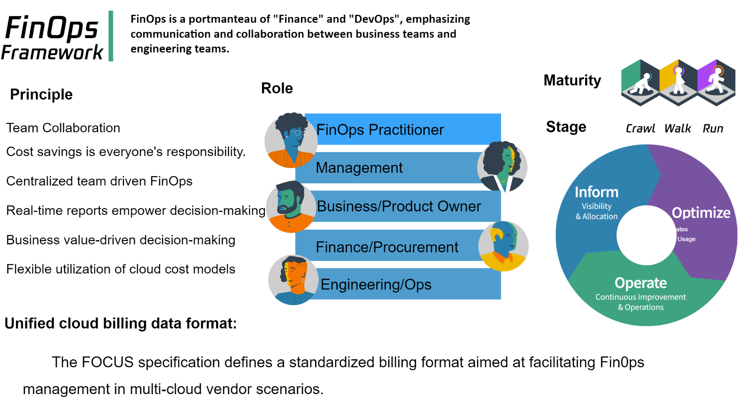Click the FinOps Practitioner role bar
coord(402,129)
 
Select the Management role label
coord(359,168)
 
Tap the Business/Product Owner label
coord(399,206)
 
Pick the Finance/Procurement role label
coord(387,247)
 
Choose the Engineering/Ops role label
coord(376,284)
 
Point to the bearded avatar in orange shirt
coord(291,207)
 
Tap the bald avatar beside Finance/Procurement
coord(503,246)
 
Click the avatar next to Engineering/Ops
coord(293,280)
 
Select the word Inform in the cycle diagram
coord(596,192)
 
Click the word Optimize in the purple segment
coord(701,213)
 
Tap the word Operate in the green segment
coord(641,283)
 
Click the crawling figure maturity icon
coord(640,83)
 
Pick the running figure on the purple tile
coord(717,83)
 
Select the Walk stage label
coord(677,128)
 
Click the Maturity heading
coord(572,81)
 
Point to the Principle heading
coord(41,94)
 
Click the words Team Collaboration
coord(63,128)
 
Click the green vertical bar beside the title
coord(111,36)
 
